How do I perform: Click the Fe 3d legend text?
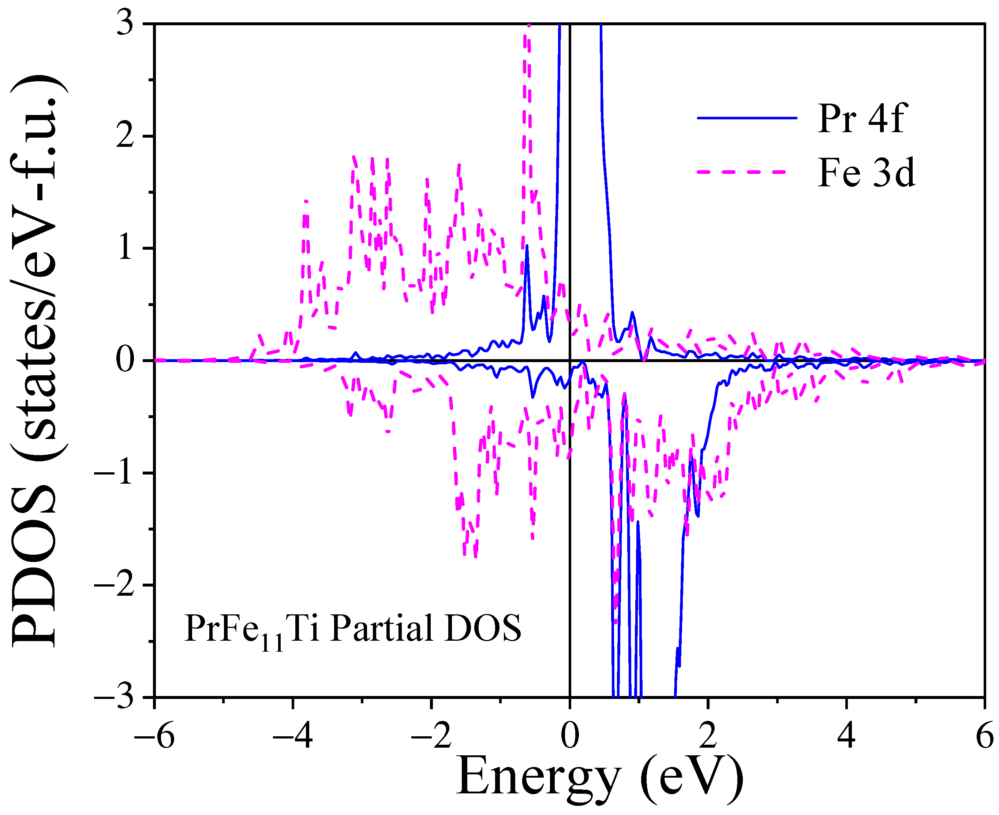point(866,173)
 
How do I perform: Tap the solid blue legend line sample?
point(747,118)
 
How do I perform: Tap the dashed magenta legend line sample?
point(741,172)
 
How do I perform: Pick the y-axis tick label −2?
point(115,585)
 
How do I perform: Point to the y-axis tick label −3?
point(115,697)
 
